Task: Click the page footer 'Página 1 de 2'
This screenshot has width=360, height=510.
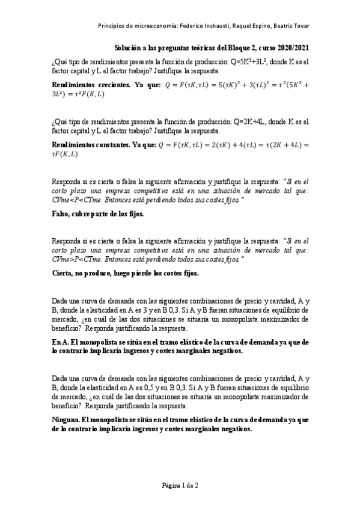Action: tap(180, 485)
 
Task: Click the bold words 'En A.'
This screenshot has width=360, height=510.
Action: tap(61, 342)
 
